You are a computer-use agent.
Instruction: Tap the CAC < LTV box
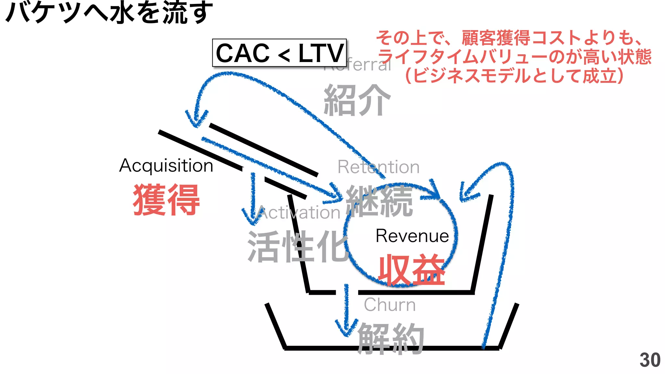click(x=279, y=53)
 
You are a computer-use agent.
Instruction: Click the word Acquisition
click(x=166, y=166)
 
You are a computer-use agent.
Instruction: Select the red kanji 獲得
click(x=166, y=199)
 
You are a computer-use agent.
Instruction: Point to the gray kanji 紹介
click(x=357, y=100)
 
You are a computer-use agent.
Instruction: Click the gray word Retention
click(x=378, y=167)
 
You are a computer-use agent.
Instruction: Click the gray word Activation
click(x=299, y=213)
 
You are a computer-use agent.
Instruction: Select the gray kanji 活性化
click(x=297, y=247)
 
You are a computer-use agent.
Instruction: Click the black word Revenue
click(x=412, y=236)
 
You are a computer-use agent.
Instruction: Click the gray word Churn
click(x=389, y=305)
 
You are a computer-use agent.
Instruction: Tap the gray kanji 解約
click(x=391, y=339)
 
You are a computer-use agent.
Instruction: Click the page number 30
click(x=650, y=360)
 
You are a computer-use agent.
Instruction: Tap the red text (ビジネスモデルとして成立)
click(x=514, y=76)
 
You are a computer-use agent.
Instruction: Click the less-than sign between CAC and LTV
click(x=284, y=55)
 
